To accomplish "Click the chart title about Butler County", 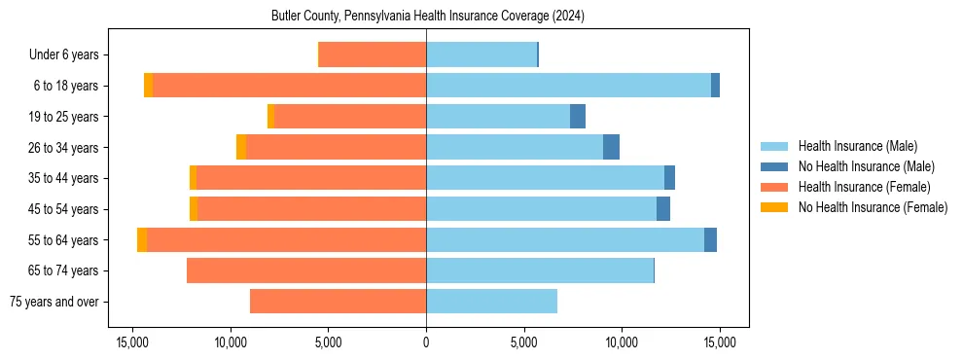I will [x=426, y=17].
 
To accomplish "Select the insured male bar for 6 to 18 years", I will [x=568, y=86].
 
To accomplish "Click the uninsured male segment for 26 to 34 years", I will [x=611, y=147].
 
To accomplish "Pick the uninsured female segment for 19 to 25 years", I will [x=270, y=116].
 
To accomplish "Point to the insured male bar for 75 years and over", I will [x=491, y=301].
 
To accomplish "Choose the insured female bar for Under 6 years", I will [x=373, y=54].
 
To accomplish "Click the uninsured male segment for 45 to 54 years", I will [x=663, y=208].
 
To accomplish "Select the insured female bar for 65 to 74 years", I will [x=306, y=270].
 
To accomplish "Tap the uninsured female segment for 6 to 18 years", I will [x=148, y=86].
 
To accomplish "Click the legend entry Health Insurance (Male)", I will [x=857, y=146].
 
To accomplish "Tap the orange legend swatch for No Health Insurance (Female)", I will [x=774, y=207].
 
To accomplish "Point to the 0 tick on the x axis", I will [x=426, y=342].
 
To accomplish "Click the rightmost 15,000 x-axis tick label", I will [x=719, y=342].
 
